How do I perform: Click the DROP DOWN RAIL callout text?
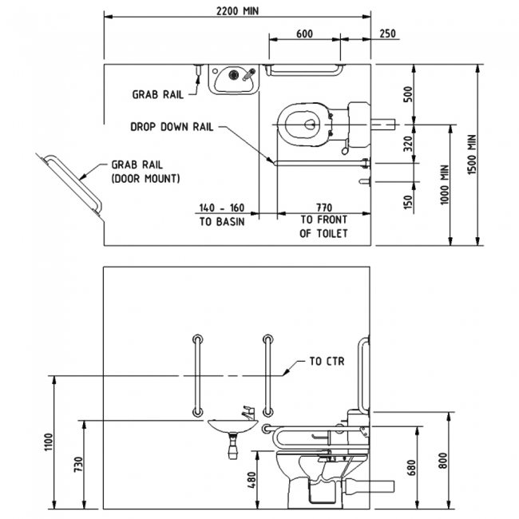(172, 126)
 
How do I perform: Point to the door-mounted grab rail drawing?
(73, 184)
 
